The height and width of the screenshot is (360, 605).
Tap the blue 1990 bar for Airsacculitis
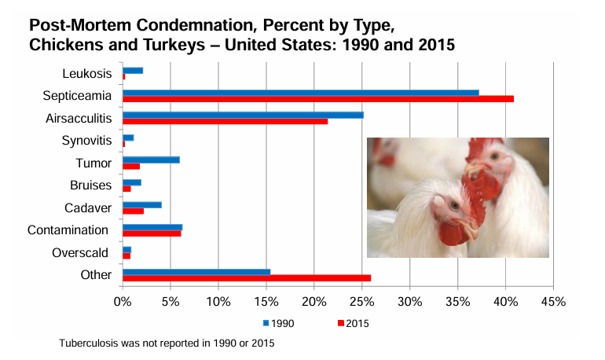(x=243, y=115)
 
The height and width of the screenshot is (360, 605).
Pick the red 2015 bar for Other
(x=247, y=278)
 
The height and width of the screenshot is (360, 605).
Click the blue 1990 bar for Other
(x=196, y=272)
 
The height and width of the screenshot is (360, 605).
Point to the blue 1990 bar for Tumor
(x=151, y=160)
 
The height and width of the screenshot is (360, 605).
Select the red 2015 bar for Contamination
(x=152, y=233)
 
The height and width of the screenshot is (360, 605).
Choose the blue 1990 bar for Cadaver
(x=142, y=204)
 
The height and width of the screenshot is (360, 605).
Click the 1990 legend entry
(x=278, y=323)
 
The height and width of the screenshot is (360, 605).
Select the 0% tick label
(x=123, y=302)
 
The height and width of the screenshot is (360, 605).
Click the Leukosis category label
(x=87, y=74)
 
